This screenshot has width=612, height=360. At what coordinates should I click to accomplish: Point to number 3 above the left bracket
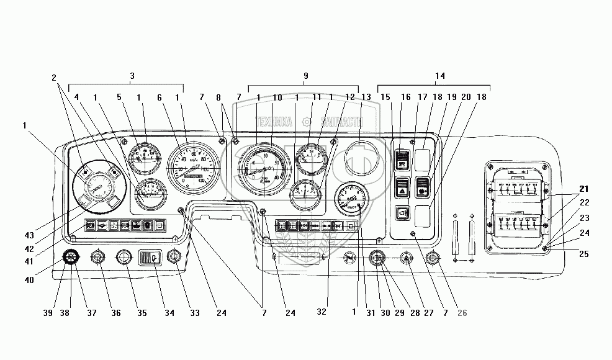(x=132, y=76)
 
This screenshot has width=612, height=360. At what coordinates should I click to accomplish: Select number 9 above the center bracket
(x=305, y=76)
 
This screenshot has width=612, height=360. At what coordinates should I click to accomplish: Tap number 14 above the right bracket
(x=439, y=76)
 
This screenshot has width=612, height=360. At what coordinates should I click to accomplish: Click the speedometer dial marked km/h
(x=194, y=169)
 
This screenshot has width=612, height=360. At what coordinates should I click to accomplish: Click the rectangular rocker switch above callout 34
(x=149, y=256)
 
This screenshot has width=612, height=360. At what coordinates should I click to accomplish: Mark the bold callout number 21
(x=585, y=189)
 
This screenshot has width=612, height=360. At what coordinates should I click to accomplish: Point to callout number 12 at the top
(x=351, y=97)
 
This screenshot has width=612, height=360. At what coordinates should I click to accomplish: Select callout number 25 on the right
(x=585, y=254)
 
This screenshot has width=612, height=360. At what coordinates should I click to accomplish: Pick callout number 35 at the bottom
(x=142, y=313)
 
